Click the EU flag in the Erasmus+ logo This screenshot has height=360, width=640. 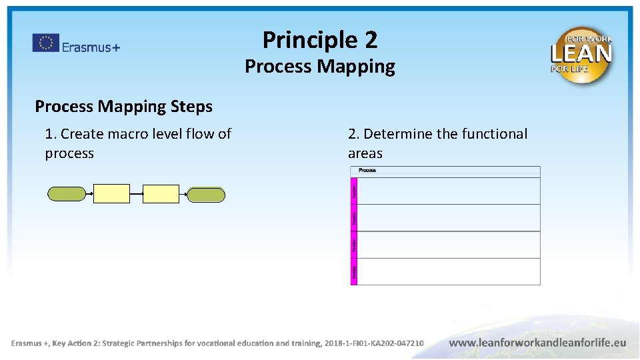(45, 43)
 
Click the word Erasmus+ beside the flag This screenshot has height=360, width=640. (91, 47)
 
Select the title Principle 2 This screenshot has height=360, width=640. (320, 40)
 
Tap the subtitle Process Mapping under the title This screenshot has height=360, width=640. (320, 67)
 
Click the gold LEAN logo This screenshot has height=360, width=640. (581, 55)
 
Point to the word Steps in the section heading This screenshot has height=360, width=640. (191, 106)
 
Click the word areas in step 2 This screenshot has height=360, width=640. (365, 153)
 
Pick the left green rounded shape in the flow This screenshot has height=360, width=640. (67, 194)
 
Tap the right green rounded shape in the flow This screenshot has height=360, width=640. (206, 194)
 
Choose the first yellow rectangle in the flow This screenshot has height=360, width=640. (112, 194)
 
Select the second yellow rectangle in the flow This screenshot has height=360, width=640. (161, 194)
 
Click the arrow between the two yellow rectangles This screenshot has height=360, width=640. (137, 194)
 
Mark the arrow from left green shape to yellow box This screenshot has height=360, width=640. (90, 194)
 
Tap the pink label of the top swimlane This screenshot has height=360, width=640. (354, 191)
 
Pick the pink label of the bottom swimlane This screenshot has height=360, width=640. (354, 271)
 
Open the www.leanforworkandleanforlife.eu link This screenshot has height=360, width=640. (537, 343)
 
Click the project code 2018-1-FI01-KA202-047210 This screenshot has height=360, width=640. (374, 343)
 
